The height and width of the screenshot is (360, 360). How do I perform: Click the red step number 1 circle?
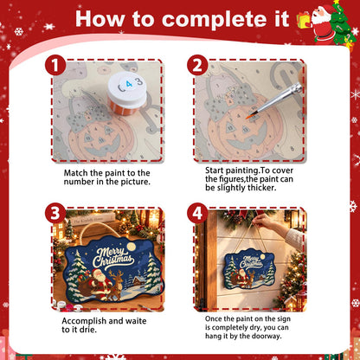tap(55, 65)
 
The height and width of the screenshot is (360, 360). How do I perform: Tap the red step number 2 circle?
tap(197, 65)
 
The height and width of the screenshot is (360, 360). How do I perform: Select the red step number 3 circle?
tap(55, 213)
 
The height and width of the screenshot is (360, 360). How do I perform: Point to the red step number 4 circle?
tap(197, 213)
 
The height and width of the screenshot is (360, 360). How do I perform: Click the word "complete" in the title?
tap(226, 20)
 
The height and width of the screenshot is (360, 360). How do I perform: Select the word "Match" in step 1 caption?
tap(76, 173)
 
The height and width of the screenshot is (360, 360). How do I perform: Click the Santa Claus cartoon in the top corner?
tap(323, 23)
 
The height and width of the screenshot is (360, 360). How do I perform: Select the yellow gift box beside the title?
tap(304, 20)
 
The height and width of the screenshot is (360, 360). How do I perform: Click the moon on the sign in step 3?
tap(132, 246)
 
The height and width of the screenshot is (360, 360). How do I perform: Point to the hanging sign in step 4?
tap(249, 269)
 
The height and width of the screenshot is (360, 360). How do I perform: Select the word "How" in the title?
tap(100, 20)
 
